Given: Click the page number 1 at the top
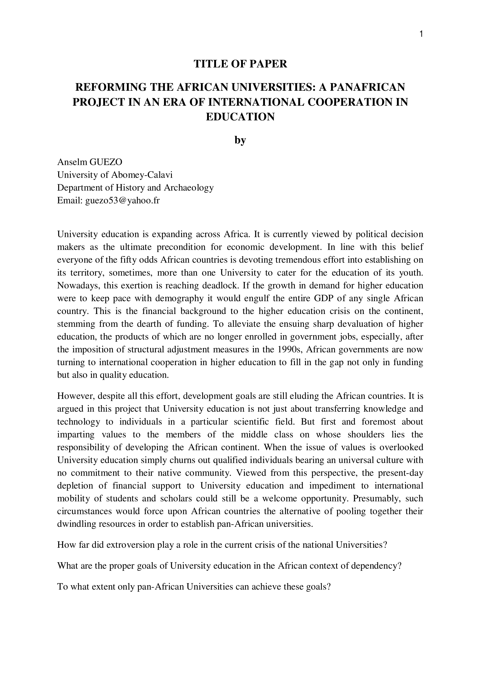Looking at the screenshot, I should point(421,34).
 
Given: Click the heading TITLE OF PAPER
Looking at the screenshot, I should point(240,64).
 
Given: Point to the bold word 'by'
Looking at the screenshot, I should point(240,140).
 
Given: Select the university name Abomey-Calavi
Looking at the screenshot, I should point(142,175).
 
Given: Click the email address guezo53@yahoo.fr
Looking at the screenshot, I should point(122,201).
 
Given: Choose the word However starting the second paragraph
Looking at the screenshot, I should point(74,396).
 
